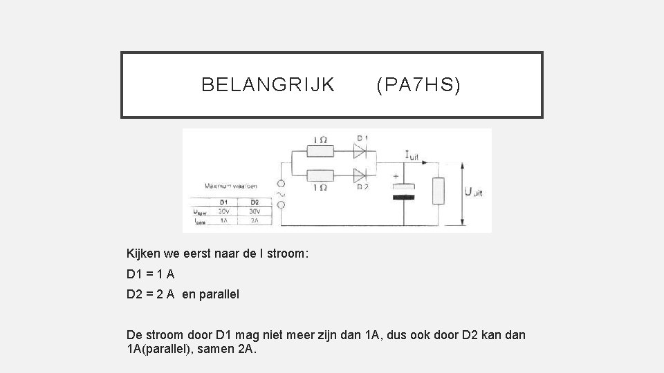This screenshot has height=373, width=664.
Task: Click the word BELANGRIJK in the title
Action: [268, 85]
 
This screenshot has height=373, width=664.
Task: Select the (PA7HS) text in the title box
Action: [418, 85]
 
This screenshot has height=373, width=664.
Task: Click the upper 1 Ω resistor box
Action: [320, 149]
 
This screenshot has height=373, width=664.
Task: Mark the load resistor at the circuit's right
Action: [438, 190]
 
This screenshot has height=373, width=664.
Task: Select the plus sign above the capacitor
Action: [396, 177]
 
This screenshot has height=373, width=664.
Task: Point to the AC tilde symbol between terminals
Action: [282, 195]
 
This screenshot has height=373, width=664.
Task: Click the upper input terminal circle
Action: [282, 184]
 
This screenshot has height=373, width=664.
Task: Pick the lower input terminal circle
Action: [282, 205]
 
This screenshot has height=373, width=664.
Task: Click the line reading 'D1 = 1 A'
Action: [146, 274]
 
